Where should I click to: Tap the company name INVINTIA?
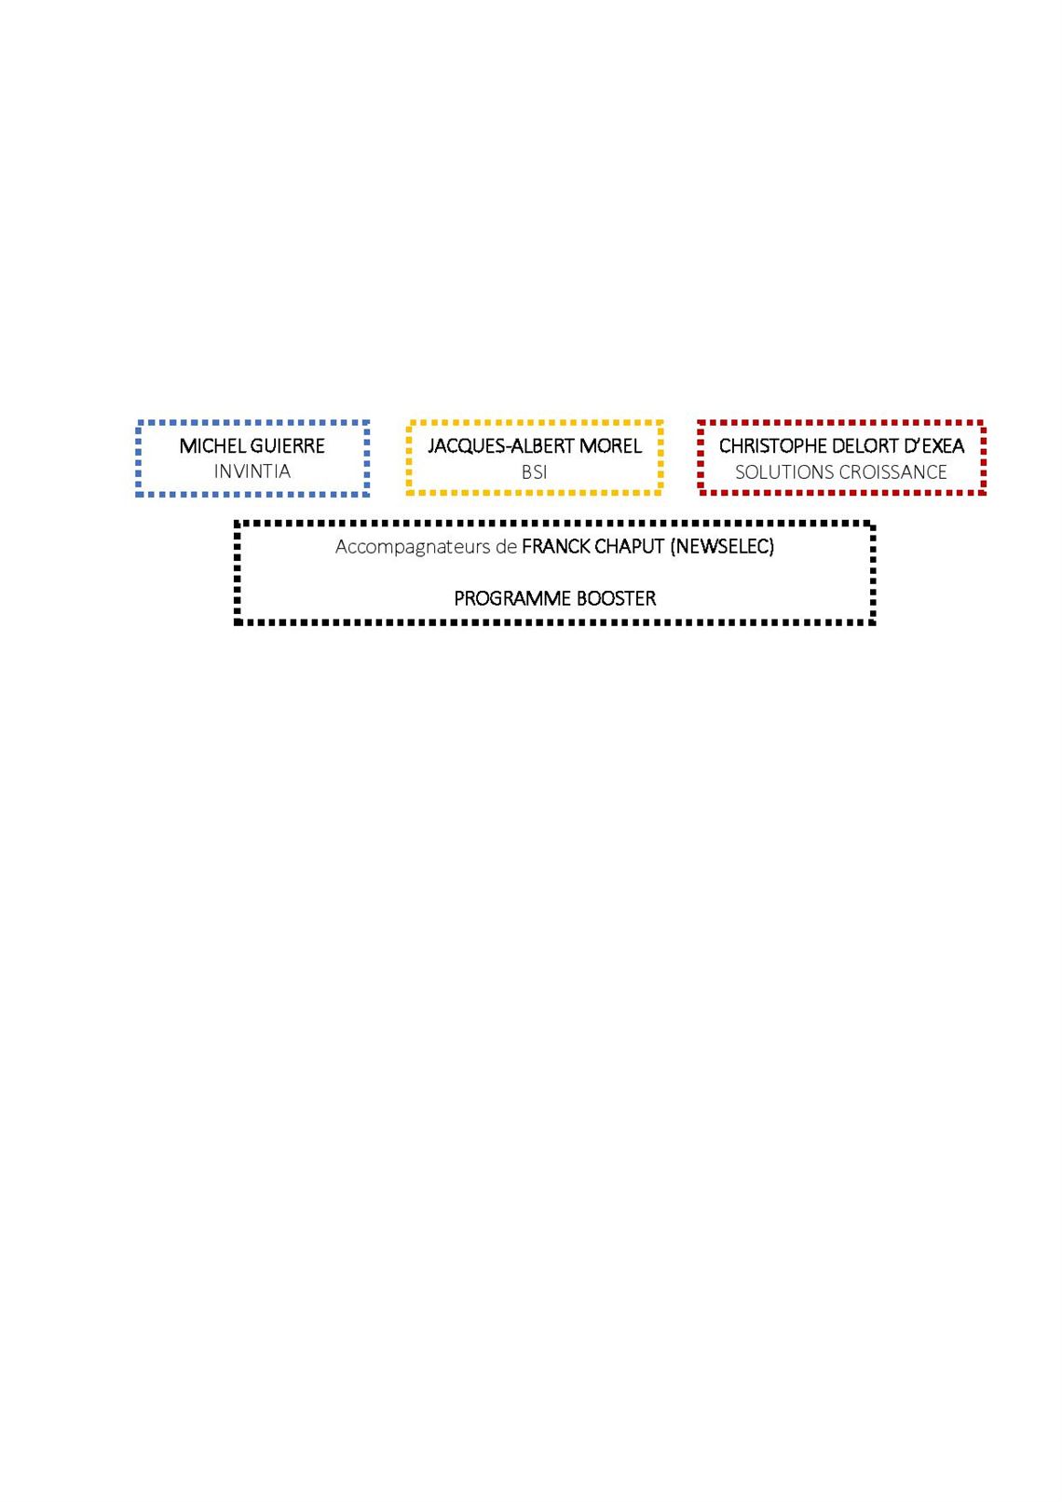(252, 471)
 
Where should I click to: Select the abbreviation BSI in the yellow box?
(535, 472)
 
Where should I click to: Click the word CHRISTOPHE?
(773, 446)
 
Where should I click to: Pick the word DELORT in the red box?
(864, 446)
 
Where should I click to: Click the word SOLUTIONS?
(782, 472)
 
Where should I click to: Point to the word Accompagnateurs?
(413, 547)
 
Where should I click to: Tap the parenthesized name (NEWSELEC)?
(722, 547)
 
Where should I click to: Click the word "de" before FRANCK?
(506, 547)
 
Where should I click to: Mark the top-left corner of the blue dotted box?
(138, 422)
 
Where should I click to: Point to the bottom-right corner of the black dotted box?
(873, 623)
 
